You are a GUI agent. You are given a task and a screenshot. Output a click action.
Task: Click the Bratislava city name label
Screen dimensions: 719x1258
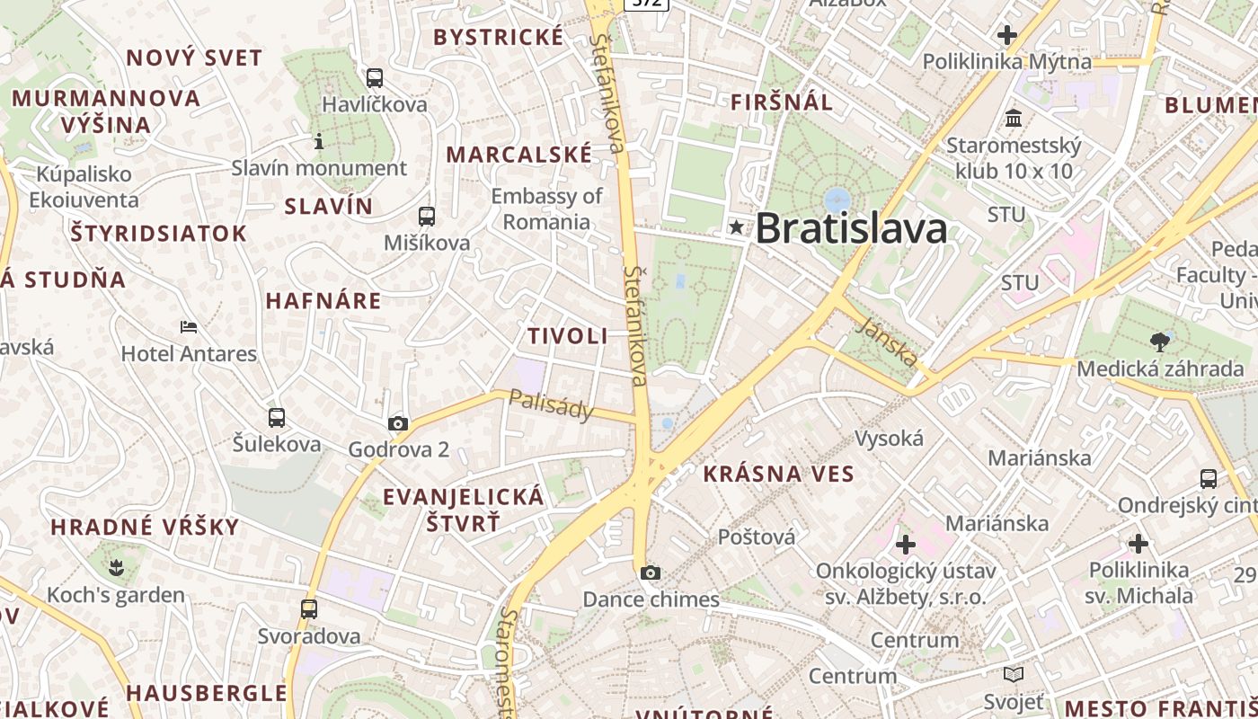coord(851,228)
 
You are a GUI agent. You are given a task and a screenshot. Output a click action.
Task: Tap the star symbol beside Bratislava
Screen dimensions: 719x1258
coord(737,227)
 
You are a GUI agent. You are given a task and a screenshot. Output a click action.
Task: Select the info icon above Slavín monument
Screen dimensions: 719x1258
coord(318,141)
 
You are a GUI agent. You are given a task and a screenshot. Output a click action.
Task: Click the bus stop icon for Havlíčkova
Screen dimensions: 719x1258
coord(374,78)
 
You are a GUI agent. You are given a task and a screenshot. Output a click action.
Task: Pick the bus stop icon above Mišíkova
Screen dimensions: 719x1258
coord(426,217)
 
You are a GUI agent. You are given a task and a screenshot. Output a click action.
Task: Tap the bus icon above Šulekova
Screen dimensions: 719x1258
coord(277,418)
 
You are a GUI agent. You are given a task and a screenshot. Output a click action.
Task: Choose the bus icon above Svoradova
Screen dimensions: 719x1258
coord(309,609)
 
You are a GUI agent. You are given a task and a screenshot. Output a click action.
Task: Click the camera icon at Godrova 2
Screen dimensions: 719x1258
coord(397,423)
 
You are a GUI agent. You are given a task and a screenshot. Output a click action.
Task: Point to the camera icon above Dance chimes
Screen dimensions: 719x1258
coord(651,573)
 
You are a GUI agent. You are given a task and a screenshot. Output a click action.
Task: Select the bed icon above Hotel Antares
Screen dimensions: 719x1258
coord(189,327)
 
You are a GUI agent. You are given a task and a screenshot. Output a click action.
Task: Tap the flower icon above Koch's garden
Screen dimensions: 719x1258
coord(116,567)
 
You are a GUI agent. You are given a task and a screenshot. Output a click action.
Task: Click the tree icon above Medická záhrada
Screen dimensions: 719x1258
coord(1160,342)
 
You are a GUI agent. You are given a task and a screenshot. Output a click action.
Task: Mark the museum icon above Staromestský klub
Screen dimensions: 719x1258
coord(1014,118)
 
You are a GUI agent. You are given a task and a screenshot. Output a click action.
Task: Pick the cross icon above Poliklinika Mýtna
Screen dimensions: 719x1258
coord(1007,35)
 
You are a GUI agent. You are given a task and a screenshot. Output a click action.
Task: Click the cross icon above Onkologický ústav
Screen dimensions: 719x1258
coord(905,544)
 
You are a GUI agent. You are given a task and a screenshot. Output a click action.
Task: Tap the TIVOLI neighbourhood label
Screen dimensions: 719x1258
coord(567,336)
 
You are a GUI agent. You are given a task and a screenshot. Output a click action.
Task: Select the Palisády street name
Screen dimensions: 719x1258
coord(552,404)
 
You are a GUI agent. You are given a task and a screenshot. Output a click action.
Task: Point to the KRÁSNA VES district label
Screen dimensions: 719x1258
coord(778,474)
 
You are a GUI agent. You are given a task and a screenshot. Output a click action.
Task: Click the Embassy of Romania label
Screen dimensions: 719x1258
coord(546,209)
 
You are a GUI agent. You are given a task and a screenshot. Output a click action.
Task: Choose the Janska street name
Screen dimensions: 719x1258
coord(887,342)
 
